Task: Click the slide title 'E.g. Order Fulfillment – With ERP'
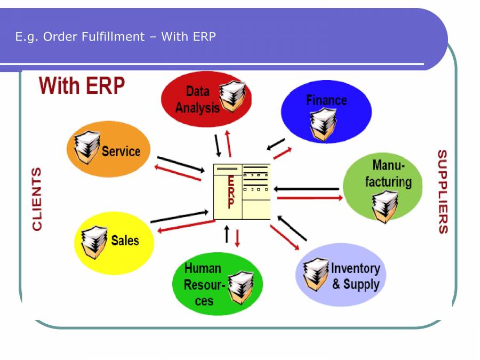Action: (x=116, y=37)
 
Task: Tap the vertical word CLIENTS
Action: (x=37, y=199)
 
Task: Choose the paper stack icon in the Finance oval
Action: (x=322, y=123)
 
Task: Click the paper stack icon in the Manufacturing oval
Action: (x=385, y=206)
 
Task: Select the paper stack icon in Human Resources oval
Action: (x=241, y=286)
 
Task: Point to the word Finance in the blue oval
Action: (x=326, y=100)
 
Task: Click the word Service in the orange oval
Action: (x=121, y=151)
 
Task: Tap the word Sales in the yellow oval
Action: (x=125, y=241)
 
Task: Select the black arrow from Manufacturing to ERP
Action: (x=308, y=189)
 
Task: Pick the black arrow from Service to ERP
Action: (x=181, y=164)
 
